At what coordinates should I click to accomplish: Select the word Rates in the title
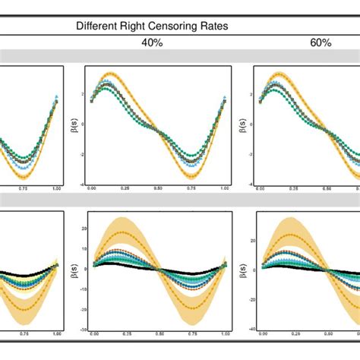pyautogui.click(x=210, y=27)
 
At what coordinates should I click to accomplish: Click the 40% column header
pyautogui.click(x=152, y=43)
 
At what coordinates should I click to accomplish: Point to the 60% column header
pyautogui.click(x=321, y=43)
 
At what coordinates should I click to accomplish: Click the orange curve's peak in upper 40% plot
pyautogui.click(x=111, y=74)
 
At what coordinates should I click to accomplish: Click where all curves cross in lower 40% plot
pyautogui.click(x=158, y=268)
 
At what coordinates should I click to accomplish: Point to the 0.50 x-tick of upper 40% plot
pyautogui.click(x=158, y=187)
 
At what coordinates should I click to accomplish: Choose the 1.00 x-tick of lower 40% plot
pyautogui.click(x=224, y=333)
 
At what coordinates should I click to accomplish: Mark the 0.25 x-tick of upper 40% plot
pyautogui.click(x=125, y=187)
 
